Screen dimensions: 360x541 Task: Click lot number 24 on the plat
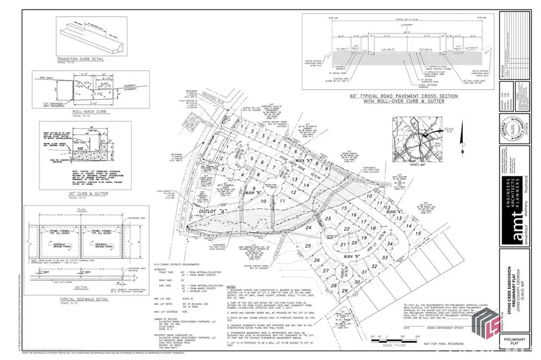[308, 228]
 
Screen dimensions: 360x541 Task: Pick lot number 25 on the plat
[308, 246]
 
